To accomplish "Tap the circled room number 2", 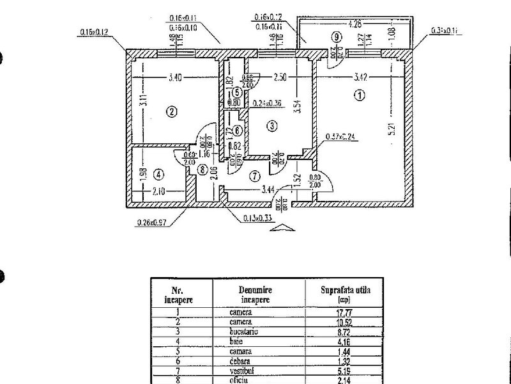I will tap(171, 111).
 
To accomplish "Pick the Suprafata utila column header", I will tap(345, 293).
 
